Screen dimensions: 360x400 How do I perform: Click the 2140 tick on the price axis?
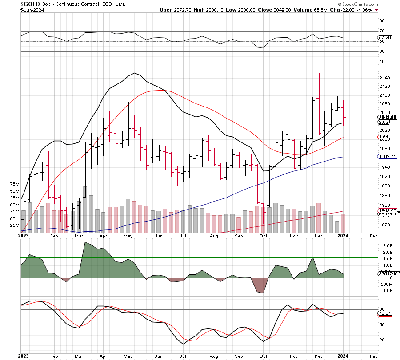[385, 78]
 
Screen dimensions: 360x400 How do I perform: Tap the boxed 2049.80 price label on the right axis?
[385, 117]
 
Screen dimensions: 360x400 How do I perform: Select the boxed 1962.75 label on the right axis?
[385, 157]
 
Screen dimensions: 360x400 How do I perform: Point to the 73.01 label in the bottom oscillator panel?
[383, 313]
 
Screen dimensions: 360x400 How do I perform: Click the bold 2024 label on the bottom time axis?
[343, 356]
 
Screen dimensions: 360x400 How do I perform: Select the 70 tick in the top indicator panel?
[382, 31]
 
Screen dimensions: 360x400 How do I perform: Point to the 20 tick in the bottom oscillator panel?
[382, 340]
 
